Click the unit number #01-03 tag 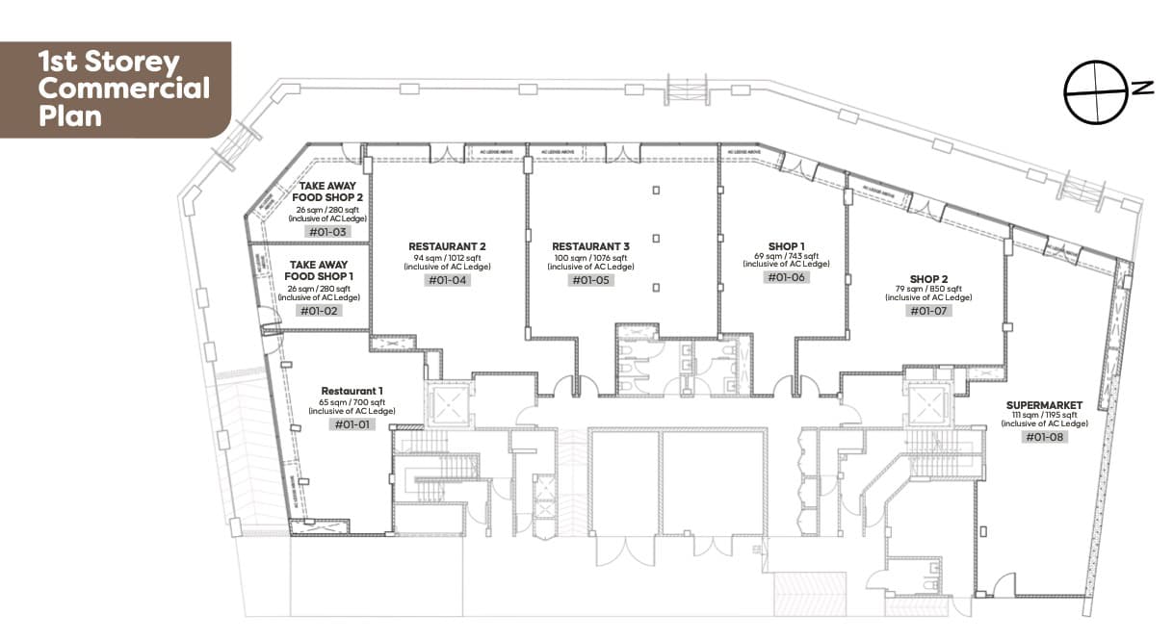click(326, 232)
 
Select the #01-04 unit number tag click(447, 280)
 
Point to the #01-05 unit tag click(590, 280)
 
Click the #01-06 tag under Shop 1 click(786, 277)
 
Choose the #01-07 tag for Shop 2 click(928, 311)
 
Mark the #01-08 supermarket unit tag click(1045, 437)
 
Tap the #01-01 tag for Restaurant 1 click(352, 424)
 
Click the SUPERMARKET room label click(1045, 404)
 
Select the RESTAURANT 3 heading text click(590, 246)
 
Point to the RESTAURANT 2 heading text click(447, 246)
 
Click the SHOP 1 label click(786, 244)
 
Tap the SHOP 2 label click(928, 278)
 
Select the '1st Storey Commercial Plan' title click(122, 90)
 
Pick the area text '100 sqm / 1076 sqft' click(590, 258)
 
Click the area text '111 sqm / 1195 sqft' click(1045, 415)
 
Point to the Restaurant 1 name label click(352, 391)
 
